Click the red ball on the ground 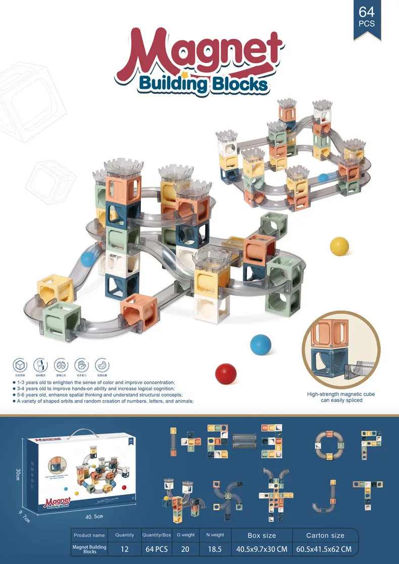click(226, 374)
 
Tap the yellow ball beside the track click(339, 246)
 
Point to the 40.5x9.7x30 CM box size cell click(262, 549)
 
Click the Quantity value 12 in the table click(125, 549)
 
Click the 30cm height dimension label click(18, 475)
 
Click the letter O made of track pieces click(329, 445)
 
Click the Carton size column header click(325, 535)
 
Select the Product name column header click(89, 535)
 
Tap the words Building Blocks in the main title click(203, 83)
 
